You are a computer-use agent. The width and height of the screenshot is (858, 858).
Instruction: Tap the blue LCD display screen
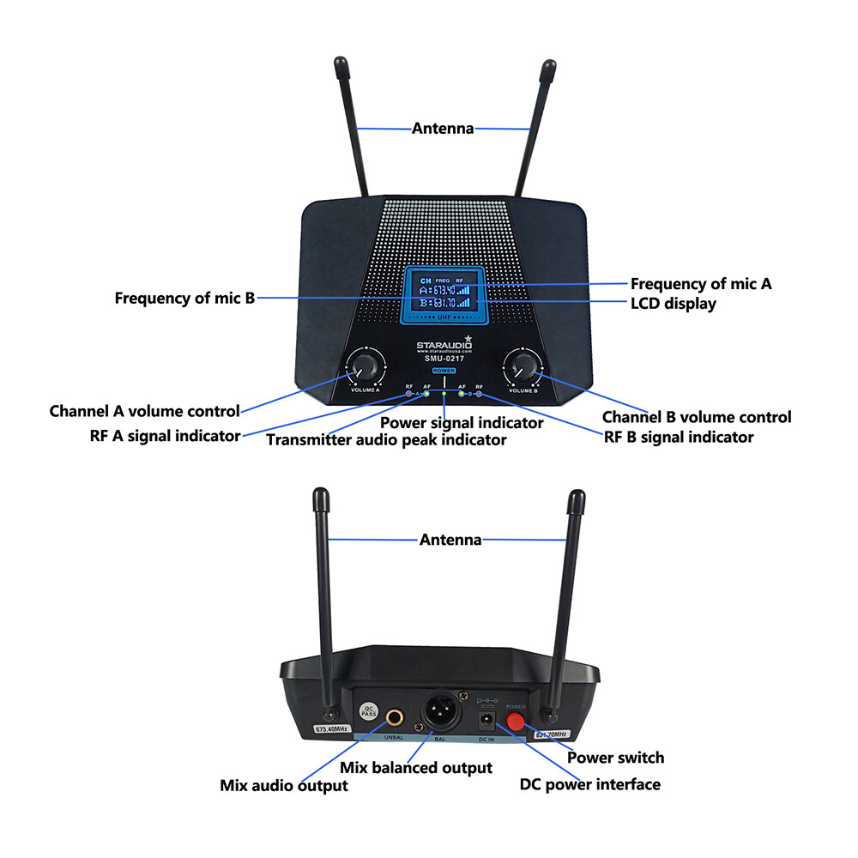tap(443, 294)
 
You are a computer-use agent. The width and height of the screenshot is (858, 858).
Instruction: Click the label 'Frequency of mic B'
tap(184, 299)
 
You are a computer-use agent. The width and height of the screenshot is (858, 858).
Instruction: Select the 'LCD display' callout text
tap(673, 304)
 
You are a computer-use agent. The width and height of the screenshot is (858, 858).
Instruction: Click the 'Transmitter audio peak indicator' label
tap(385, 440)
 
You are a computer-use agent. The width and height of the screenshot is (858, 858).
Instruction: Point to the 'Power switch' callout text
tap(616, 757)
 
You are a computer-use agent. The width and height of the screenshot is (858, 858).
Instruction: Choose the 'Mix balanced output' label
tap(416, 767)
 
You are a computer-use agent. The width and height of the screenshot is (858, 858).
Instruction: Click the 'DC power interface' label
tap(590, 784)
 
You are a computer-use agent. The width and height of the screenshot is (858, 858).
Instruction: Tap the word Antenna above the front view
tap(443, 129)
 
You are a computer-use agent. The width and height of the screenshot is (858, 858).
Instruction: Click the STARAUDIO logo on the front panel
tap(443, 346)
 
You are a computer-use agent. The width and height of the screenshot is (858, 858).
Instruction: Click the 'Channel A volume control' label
tap(144, 411)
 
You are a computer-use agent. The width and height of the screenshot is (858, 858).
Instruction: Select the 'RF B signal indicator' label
tap(679, 437)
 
